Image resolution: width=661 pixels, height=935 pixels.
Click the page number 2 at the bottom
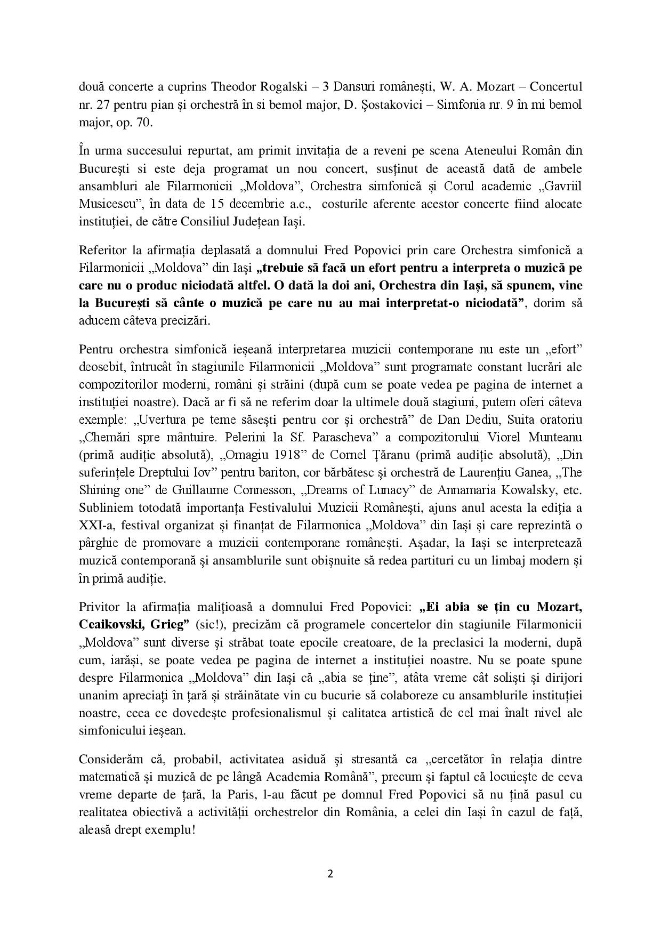click(330, 873)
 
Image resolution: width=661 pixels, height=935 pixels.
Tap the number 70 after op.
click(143, 122)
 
